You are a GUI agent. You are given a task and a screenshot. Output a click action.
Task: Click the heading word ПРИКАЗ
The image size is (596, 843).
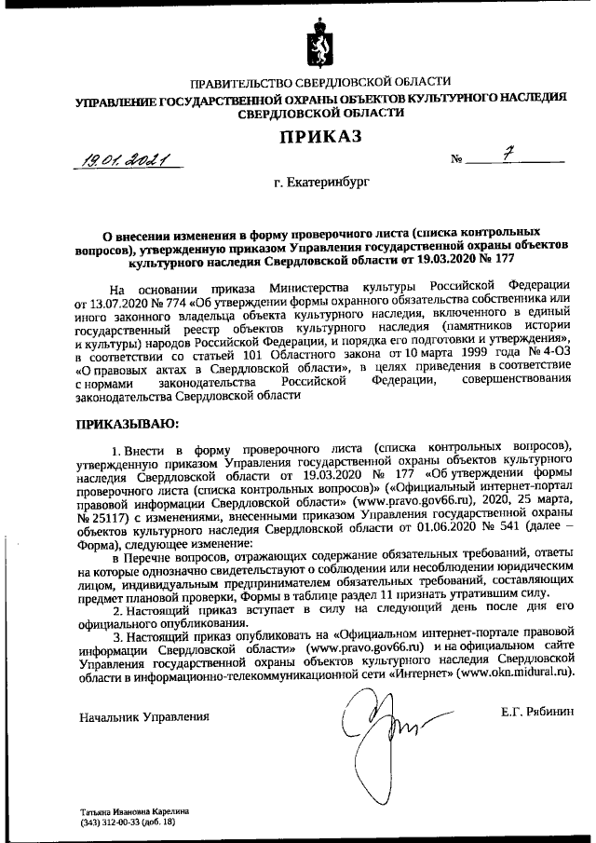pos(320,138)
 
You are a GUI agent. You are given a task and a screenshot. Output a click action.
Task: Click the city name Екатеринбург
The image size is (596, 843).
pos(321,184)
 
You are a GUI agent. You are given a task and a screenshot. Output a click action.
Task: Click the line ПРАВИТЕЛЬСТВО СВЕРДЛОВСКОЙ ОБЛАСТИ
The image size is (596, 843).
pos(320,82)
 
